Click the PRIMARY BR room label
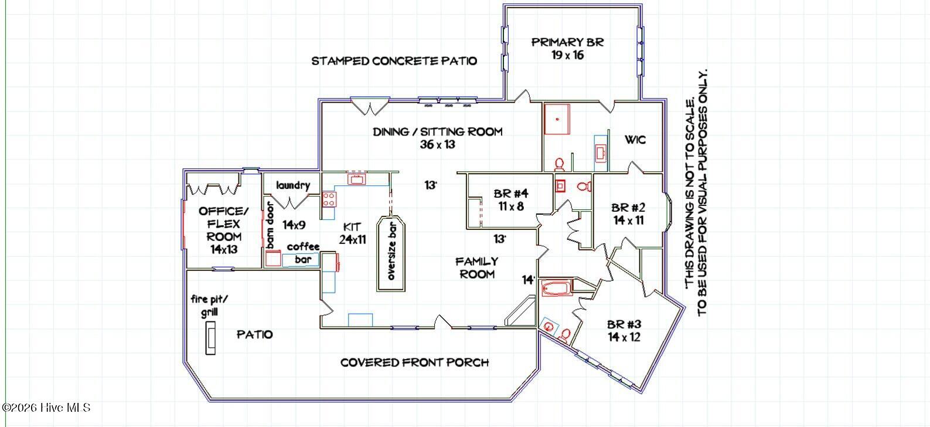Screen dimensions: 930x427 567,42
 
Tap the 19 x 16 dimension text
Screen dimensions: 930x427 567,55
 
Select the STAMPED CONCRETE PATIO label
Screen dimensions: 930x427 394,61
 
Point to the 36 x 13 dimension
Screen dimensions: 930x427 438,144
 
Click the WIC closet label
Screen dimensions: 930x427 635,140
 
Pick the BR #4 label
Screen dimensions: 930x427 511,194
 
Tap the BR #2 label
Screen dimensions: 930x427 629,207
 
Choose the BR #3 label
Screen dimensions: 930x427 624,324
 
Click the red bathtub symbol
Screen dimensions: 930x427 557,288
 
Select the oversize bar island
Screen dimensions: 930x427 391,253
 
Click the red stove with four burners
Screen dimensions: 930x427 329,199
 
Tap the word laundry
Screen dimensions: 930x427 293,185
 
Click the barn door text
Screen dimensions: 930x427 270,225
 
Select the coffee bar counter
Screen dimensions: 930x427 301,260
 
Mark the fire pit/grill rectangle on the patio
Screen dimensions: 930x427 210,338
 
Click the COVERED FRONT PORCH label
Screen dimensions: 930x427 414,362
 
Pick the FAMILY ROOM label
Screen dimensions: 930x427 476,268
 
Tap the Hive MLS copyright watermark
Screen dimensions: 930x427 46,408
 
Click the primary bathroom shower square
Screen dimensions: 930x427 557,119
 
